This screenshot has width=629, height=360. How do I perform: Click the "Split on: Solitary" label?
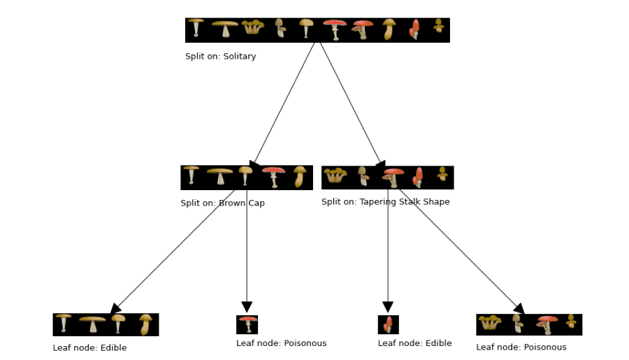click(x=220, y=57)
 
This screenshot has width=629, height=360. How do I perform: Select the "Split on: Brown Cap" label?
click(x=222, y=203)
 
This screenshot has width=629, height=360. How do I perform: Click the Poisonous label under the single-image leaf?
click(x=281, y=343)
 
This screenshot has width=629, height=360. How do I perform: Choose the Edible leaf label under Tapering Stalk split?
click(x=414, y=343)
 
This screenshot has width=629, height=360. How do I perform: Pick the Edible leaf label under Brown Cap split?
click(x=89, y=347)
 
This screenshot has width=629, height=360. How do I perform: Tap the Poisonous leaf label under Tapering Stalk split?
click(x=521, y=347)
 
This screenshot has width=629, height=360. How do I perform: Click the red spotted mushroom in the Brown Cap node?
click(x=273, y=177)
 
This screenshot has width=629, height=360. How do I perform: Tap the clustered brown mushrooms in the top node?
click(x=252, y=28)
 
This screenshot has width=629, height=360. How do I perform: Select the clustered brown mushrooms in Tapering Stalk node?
click(x=335, y=175)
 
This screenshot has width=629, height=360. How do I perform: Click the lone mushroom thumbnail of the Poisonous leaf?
click(x=247, y=325)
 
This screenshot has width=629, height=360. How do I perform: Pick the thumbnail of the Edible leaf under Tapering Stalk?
click(x=388, y=325)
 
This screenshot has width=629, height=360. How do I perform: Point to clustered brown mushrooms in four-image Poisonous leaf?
click(x=489, y=323)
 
